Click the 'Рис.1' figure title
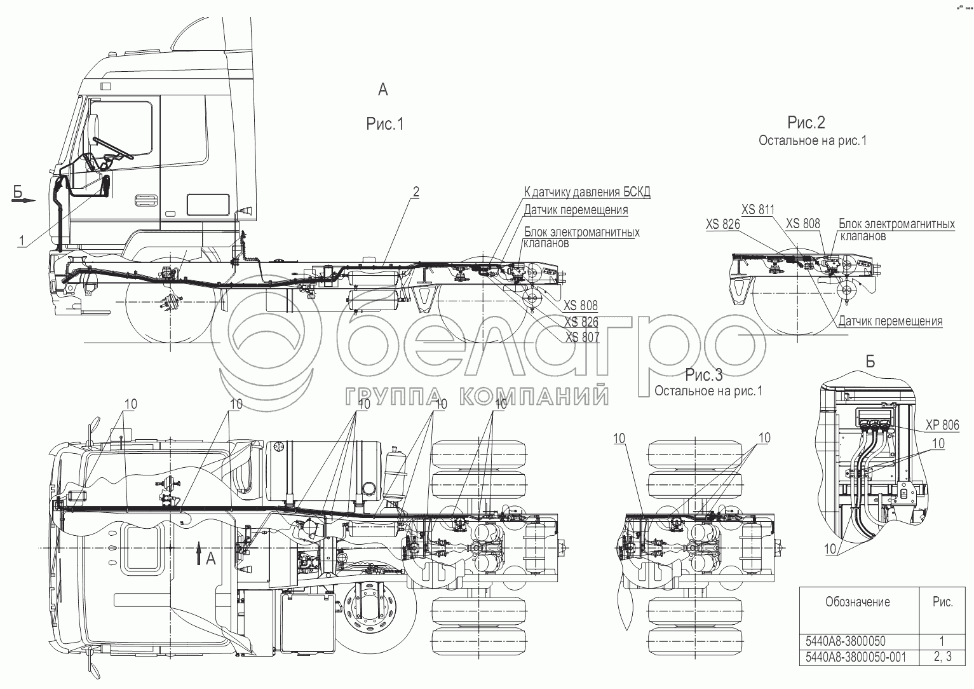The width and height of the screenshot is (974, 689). click(385, 124)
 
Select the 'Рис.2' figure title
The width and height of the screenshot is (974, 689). click(806, 123)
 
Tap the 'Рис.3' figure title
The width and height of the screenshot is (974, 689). click(704, 374)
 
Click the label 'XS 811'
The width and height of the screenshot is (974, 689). click(758, 210)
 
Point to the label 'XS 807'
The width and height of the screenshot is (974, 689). click(582, 337)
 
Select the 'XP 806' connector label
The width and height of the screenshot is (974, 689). click(942, 425)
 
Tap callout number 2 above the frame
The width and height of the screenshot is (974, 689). click(416, 192)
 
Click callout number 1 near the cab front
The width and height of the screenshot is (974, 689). click(22, 240)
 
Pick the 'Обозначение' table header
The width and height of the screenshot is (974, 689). click(858, 602)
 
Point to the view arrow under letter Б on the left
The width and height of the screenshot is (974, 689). click(23, 200)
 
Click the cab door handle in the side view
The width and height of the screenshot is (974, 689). click(147, 200)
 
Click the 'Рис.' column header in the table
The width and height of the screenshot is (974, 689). click(943, 602)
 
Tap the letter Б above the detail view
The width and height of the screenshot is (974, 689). click(870, 362)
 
